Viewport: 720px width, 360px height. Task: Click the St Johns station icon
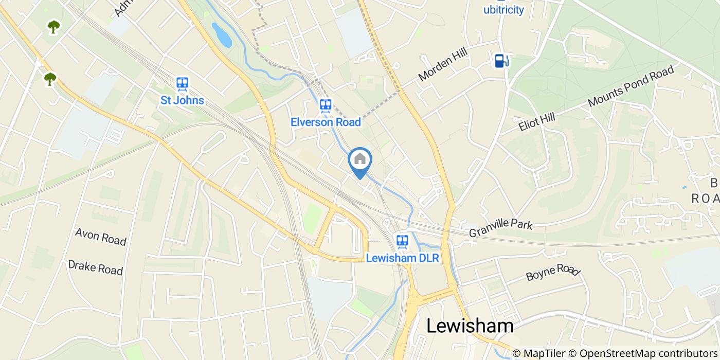coord(182,84)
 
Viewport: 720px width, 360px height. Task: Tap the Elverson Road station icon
coord(325,106)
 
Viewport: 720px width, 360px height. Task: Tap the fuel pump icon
coord(501,61)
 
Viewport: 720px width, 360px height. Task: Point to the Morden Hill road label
coord(445,66)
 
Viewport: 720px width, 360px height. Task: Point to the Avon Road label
coord(100,237)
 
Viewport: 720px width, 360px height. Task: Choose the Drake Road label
coord(96,267)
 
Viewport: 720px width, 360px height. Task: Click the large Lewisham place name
coord(470,326)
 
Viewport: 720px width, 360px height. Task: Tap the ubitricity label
coord(503,10)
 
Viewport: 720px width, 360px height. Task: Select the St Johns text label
coord(182,100)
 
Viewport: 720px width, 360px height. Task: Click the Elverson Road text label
coord(325,122)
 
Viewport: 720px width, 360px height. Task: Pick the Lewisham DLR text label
coord(402,258)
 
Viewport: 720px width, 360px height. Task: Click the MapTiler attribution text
coord(544,353)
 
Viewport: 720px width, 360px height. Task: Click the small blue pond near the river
coord(222,35)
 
